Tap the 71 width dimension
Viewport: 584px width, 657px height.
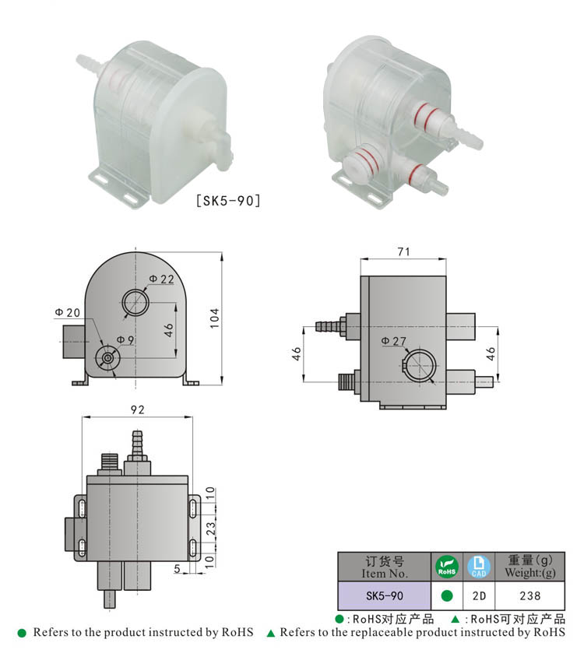[403, 251]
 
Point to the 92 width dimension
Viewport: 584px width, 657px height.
[137, 409]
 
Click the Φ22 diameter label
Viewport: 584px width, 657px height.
[161, 279]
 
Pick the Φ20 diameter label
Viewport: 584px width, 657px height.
[67, 312]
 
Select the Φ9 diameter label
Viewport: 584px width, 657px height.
[125, 339]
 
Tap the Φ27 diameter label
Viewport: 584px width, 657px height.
[395, 341]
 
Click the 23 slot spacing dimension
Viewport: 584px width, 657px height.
[210, 526]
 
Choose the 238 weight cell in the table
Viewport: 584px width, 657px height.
[530, 596]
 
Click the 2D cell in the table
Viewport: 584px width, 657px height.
[479, 596]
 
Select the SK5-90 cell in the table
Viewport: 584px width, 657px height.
[384, 596]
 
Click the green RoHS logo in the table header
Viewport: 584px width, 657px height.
[447, 567]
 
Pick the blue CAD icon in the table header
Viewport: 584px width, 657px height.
[479, 567]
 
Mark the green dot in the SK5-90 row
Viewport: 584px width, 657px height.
[447, 596]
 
